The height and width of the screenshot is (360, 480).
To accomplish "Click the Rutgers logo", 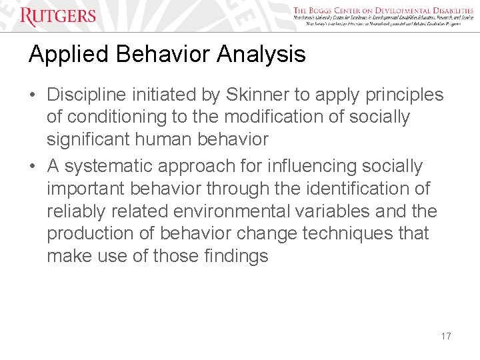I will click(x=58, y=16).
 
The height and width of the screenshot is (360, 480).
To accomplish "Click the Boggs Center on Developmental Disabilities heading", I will click(x=383, y=11).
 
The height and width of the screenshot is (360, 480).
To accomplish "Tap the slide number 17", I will click(x=446, y=336).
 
